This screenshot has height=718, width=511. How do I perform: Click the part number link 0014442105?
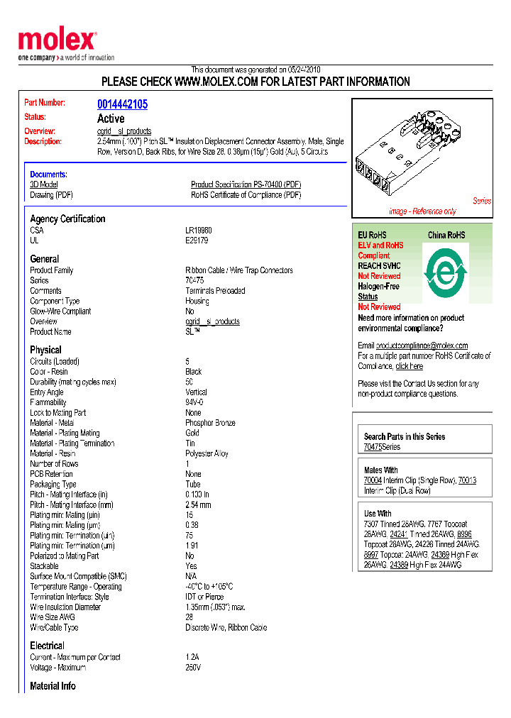[x=122, y=104]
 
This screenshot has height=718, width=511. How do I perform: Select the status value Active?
[x=111, y=118]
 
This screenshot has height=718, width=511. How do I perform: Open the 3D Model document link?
[x=43, y=184]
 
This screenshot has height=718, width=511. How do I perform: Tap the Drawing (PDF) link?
[x=51, y=195]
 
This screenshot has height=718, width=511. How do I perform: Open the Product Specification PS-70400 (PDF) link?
[x=246, y=184]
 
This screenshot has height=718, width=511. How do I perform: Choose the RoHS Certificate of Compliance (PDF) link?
[x=246, y=195]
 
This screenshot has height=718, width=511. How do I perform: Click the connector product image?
[x=412, y=153]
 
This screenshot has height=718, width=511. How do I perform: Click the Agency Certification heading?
[x=67, y=219]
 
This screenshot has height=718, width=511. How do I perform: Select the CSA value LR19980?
[x=199, y=231]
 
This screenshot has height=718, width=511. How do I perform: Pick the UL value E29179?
[x=197, y=241]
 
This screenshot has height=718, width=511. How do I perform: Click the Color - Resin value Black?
[x=194, y=372]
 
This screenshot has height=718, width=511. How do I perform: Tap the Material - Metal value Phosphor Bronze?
[x=210, y=423]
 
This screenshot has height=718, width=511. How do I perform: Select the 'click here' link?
[x=409, y=366]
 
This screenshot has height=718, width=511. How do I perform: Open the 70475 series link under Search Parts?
[x=373, y=447]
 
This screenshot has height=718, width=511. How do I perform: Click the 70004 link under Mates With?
[x=373, y=480]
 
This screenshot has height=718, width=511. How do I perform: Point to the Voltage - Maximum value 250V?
[x=193, y=668]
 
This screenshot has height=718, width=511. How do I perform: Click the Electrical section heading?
[x=47, y=646]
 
